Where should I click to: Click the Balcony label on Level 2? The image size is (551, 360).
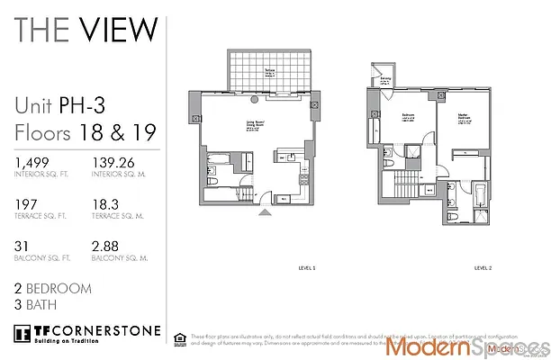point(385,80)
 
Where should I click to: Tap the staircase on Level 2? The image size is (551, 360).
point(406,190)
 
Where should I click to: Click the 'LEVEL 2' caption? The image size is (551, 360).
point(483,267)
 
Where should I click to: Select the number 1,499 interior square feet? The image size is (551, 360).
point(32,163)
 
